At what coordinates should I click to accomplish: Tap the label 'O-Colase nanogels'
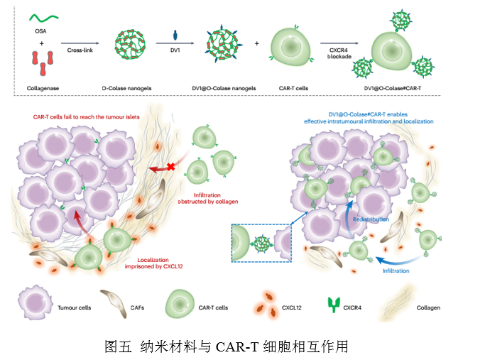[132, 89]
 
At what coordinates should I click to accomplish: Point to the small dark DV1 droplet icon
[176, 36]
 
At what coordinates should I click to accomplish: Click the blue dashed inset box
[261, 244]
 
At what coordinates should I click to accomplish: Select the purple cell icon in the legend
[33, 307]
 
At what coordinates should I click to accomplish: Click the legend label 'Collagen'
[428, 308]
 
